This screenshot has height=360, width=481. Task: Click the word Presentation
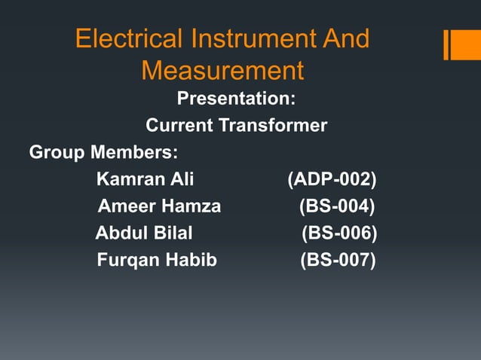(x=236, y=99)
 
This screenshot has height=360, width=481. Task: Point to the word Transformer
(x=272, y=125)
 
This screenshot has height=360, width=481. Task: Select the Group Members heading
(x=103, y=152)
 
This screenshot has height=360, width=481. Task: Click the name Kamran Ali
(x=146, y=179)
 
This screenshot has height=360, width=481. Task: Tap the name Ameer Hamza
(x=160, y=206)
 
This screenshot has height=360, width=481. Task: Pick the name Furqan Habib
(x=157, y=261)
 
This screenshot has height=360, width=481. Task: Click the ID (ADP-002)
(x=332, y=179)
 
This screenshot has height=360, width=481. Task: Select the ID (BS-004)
(x=337, y=206)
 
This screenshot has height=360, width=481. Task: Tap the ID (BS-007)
(x=337, y=261)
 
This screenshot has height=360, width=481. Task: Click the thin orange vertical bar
(x=446, y=44)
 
